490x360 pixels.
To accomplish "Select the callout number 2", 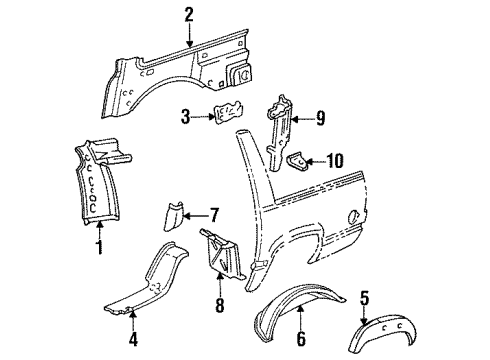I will (188, 13).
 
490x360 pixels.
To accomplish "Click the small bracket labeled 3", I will (227, 116).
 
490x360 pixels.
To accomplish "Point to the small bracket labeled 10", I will (299, 159).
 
